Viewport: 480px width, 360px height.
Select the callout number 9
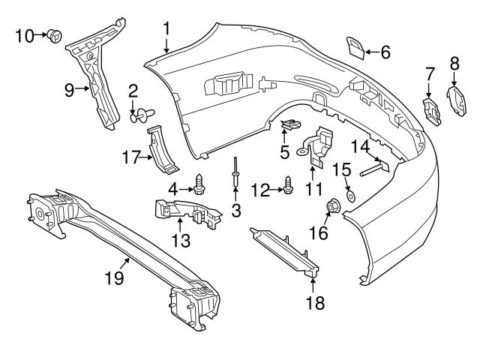click(69, 91)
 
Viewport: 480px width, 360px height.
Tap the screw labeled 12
click(289, 184)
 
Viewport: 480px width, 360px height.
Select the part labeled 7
click(431, 109)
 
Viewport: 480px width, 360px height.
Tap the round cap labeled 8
click(455, 100)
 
